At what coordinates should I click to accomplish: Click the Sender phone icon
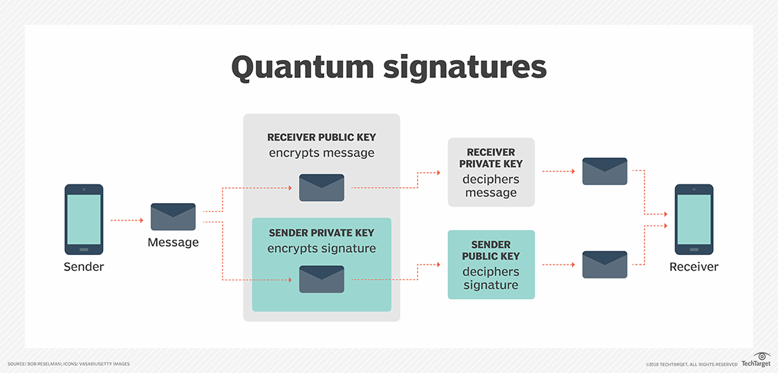84,219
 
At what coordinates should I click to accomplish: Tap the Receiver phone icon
694,219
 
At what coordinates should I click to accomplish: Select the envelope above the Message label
173,216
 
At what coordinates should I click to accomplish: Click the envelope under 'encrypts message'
322,187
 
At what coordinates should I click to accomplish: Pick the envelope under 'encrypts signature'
322,278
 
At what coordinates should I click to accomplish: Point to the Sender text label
84,267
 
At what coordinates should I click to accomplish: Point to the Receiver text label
694,267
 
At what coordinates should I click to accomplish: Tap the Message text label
173,242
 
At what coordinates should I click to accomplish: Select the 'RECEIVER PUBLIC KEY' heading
322,137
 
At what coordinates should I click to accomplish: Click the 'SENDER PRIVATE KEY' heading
322,233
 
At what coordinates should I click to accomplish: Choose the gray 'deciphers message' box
491,172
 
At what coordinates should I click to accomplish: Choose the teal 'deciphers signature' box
491,265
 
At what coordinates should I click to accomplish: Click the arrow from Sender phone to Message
127,220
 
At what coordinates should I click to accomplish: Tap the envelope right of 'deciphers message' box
604,171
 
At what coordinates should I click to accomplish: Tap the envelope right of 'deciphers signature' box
604,265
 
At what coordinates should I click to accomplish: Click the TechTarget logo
756,361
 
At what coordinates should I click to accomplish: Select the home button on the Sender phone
84,249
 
